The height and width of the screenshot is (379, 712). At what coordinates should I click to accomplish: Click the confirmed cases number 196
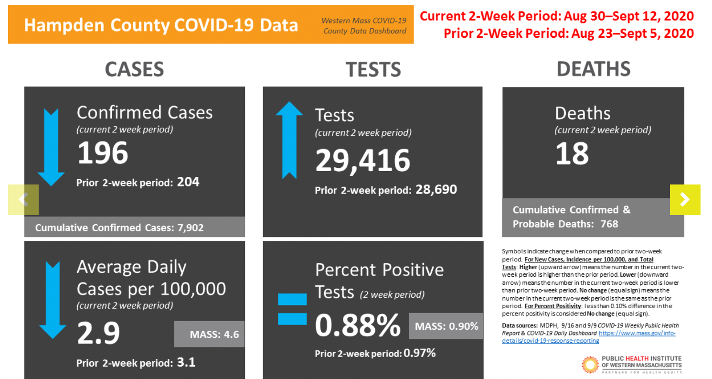click(x=103, y=153)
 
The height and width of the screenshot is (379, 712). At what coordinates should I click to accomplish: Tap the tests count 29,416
click(x=362, y=161)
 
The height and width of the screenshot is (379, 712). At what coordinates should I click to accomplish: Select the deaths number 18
click(x=572, y=153)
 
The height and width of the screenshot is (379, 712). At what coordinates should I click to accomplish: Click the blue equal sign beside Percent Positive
click(x=292, y=309)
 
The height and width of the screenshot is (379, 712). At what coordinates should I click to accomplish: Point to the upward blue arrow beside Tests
click(x=289, y=140)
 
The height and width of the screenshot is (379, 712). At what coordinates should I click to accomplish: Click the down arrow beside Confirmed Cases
click(x=51, y=147)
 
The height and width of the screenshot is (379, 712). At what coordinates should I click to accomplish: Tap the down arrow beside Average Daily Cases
click(x=53, y=300)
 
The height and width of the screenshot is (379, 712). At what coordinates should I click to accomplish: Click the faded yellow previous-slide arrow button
click(x=23, y=199)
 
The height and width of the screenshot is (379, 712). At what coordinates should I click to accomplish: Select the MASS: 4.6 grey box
click(x=209, y=334)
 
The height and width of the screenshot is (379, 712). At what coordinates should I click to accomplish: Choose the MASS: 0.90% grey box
click(x=446, y=326)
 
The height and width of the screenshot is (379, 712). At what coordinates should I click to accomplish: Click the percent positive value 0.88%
click(x=358, y=325)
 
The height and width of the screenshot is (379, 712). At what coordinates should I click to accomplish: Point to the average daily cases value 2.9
click(x=98, y=333)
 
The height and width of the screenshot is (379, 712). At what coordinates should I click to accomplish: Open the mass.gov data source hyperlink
click(x=589, y=337)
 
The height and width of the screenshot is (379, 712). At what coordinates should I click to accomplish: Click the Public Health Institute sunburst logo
click(x=590, y=365)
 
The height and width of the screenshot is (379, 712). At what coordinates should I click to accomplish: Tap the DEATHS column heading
click(x=594, y=69)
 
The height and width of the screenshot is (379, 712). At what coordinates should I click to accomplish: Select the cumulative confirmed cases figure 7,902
click(x=191, y=227)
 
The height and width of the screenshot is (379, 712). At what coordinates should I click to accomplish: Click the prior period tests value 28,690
click(x=436, y=190)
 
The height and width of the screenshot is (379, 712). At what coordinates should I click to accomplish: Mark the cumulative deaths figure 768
click(x=609, y=224)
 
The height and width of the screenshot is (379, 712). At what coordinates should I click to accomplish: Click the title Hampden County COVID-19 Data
click(x=161, y=25)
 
